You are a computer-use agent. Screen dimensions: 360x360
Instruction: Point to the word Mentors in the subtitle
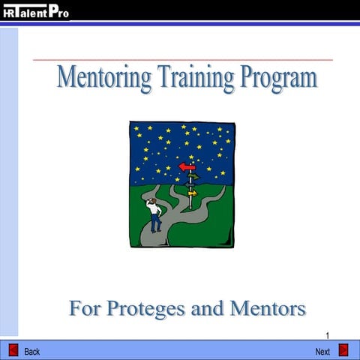point(269,308)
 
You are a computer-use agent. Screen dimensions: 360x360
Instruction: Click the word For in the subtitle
point(85,308)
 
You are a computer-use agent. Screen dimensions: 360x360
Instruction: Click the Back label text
point(32,352)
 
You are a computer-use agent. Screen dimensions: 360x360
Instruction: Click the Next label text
point(322,352)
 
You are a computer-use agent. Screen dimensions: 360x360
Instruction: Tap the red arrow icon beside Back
point(13,350)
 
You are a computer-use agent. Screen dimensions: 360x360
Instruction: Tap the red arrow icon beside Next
point(343,350)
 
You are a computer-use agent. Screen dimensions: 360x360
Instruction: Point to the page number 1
point(328,335)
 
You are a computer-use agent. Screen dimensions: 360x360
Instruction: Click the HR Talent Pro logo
point(35,11)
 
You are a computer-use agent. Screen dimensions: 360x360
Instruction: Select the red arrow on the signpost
point(186,167)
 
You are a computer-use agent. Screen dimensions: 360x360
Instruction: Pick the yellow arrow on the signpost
point(192,193)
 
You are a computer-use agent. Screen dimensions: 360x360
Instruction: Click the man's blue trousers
point(155,223)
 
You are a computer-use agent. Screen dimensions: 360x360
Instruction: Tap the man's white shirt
point(154,209)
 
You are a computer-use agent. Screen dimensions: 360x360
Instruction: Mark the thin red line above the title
point(182,59)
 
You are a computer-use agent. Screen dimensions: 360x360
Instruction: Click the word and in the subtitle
point(215,308)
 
